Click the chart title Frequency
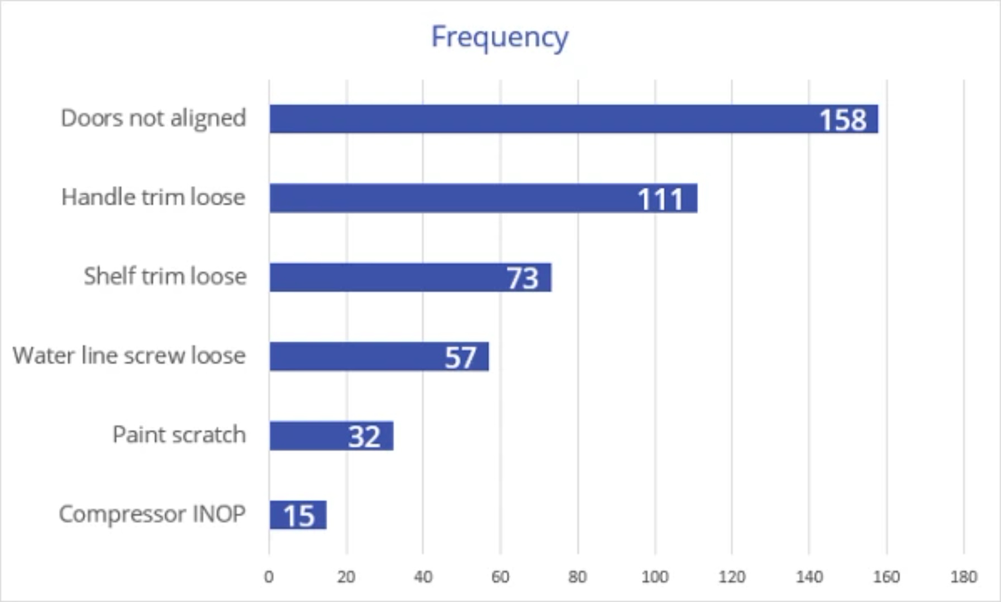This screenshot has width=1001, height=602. tap(500, 37)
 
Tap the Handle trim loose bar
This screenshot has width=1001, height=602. tap(447, 198)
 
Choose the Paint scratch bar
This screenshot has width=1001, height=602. tap(307, 436)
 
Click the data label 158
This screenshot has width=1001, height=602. tap(843, 120)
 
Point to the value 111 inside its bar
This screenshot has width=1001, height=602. tap(660, 199)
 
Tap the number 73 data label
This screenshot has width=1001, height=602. tap(522, 278)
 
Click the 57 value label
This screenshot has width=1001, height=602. tap(460, 357)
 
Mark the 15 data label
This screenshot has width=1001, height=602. tap(299, 515)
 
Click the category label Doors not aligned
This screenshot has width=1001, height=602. tap(154, 118)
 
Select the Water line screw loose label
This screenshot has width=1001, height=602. tap(129, 356)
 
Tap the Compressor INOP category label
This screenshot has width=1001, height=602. tap(152, 514)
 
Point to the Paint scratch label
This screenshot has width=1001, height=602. tap(179, 434)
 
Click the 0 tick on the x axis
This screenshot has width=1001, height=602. tap(269, 577)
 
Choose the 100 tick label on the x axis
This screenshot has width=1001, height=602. tap(655, 577)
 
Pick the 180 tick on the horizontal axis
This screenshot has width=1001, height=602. tap(964, 577)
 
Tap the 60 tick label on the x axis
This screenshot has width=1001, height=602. tap(500, 577)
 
